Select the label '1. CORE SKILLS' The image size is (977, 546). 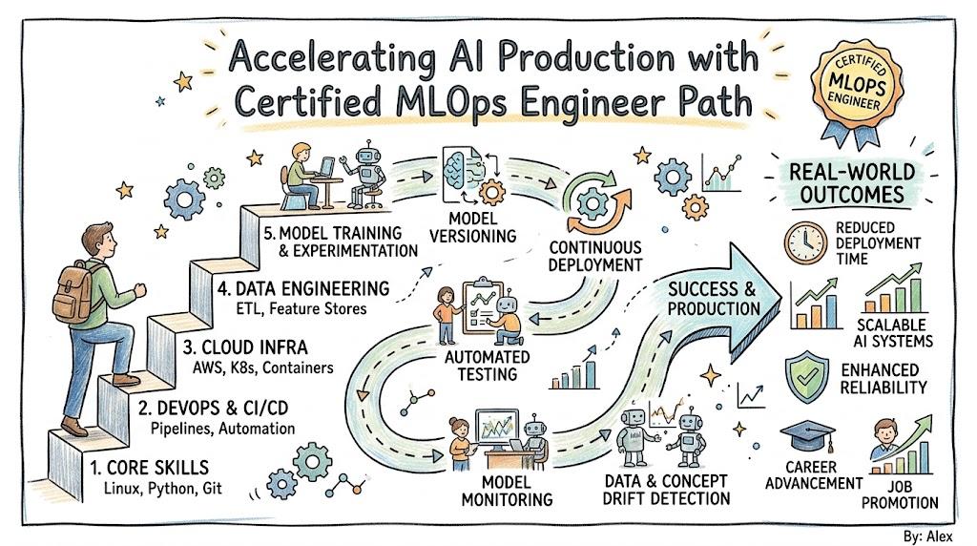[150, 468]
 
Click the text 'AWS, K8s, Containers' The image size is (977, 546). [262, 367]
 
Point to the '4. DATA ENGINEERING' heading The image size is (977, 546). [303, 288]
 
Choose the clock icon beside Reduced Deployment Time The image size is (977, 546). [805, 242]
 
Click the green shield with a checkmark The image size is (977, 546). [807, 376]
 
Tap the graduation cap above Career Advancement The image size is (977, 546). [808, 436]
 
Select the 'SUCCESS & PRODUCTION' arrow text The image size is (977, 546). [714, 299]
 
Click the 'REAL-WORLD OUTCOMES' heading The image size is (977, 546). [852, 183]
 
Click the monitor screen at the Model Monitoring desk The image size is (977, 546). [496, 426]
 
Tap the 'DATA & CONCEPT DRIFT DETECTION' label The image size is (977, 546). [666, 490]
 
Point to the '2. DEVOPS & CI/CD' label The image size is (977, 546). [213, 409]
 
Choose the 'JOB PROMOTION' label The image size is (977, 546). [900, 494]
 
